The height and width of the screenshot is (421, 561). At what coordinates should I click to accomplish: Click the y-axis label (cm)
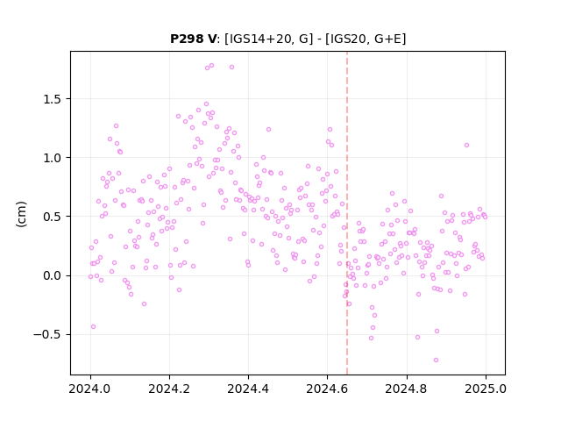click(x=21, y=214)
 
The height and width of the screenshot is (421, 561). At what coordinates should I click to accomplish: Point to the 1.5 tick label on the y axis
click(x=52, y=99)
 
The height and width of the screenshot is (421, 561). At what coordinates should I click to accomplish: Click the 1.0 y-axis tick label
click(x=52, y=158)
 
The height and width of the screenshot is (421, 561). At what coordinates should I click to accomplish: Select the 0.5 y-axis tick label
click(x=52, y=217)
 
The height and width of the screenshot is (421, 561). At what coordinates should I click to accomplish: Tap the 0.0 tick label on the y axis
click(x=52, y=276)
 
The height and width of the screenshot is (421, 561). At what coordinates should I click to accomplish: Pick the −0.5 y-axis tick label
click(x=47, y=335)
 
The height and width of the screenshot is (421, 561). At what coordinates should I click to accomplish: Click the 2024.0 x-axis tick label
click(x=90, y=389)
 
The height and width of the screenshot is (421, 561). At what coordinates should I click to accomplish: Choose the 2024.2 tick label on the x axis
click(x=169, y=389)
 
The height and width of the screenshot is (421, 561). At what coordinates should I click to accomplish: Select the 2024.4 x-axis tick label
click(x=248, y=389)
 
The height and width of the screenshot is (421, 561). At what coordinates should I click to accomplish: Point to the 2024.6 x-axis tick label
click(x=327, y=389)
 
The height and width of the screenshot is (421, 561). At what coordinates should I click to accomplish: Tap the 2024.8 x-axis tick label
click(x=407, y=389)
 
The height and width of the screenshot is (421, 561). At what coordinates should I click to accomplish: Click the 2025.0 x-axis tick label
click(x=486, y=389)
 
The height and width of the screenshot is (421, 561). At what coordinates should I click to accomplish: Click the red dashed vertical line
click(x=347, y=213)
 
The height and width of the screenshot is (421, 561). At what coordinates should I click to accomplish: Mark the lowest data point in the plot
click(x=436, y=360)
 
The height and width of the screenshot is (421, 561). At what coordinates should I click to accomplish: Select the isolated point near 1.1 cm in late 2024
click(x=466, y=145)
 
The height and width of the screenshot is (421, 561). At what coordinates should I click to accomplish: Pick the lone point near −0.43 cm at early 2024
click(x=93, y=326)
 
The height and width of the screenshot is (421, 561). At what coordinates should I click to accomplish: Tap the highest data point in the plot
click(x=211, y=65)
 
